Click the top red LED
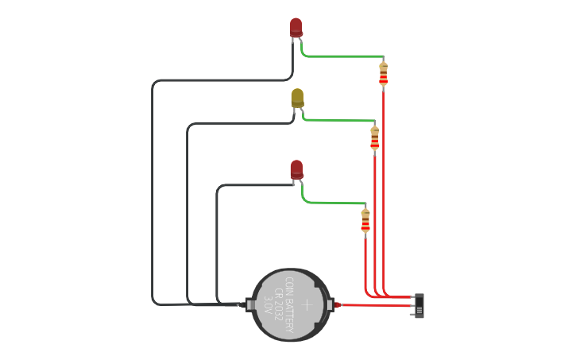[296, 27]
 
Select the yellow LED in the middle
[297, 97]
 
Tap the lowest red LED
[296, 168]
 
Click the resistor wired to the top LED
[383, 73]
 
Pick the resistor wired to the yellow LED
[374, 137]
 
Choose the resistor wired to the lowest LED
[365, 220]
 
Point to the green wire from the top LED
[342, 56]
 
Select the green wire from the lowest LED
[334, 203]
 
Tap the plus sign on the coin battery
[307, 304]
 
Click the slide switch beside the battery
[419, 305]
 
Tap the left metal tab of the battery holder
[249, 304]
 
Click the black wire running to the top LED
[152, 191]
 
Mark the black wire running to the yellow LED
[187, 215]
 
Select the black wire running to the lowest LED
[217, 238]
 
